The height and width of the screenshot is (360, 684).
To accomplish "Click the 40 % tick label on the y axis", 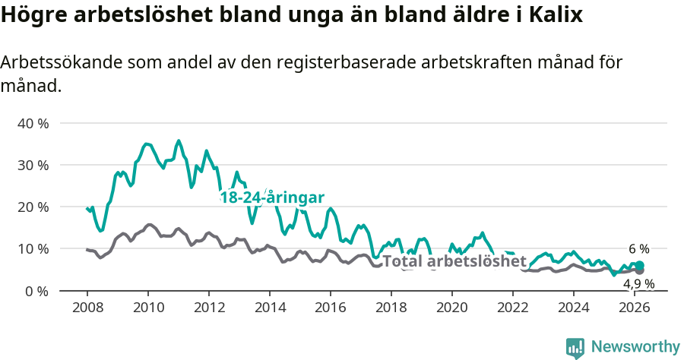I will tap(33, 123).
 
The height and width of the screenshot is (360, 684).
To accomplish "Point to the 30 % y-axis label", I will tap(33, 165).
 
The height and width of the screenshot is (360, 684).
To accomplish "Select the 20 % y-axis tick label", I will tap(33, 207).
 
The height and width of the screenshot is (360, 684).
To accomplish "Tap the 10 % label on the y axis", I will tap(33, 248).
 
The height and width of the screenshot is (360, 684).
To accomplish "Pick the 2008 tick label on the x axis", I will tap(87, 307).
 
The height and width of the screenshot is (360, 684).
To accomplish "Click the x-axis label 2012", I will tap(209, 307).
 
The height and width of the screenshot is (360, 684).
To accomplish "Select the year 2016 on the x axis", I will tap(331, 307).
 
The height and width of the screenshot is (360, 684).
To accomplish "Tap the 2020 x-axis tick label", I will tap(452, 307).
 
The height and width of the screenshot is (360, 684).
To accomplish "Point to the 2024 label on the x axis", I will tap(574, 307).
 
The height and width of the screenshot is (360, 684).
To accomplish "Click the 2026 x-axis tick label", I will tap(635, 307).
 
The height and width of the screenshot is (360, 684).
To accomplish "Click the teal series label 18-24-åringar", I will tap(272, 197).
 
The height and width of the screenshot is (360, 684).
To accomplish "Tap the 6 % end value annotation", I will tap(639, 249).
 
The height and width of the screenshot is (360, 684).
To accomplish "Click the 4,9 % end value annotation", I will tap(639, 283).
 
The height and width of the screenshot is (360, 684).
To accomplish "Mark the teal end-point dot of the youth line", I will tap(640, 265).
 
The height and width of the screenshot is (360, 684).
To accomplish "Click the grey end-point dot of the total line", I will tap(640, 270).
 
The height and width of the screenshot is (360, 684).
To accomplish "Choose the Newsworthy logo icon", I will tap(575, 348).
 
